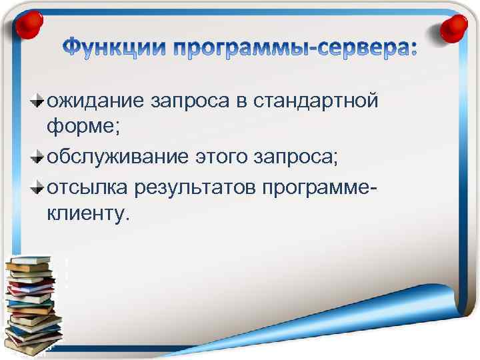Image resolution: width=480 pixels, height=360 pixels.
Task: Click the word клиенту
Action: pos(90,215)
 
